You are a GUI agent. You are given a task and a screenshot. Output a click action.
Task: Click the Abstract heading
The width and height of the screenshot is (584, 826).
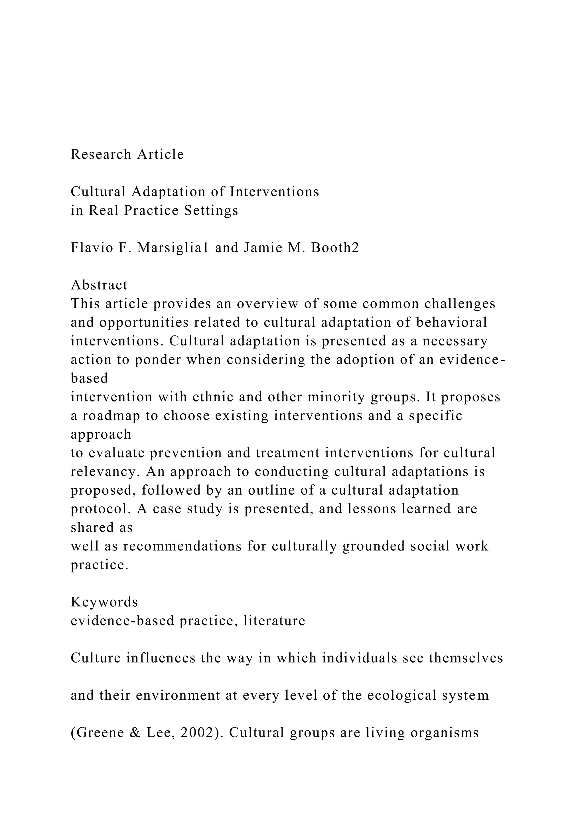click(99, 285)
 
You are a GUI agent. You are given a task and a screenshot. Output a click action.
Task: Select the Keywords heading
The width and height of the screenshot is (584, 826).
click(104, 602)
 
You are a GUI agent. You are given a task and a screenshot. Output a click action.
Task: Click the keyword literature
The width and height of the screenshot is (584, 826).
click(274, 621)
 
